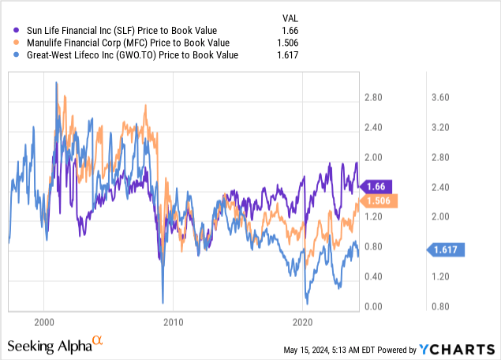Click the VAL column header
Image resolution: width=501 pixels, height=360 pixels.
(291, 17)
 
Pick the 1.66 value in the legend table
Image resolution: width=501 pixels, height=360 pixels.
(291, 30)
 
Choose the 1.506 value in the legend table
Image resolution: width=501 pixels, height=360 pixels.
(289, 43)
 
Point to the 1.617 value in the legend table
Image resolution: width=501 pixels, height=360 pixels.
(289, 55)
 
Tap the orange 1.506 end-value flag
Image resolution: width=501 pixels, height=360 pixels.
(378, 200)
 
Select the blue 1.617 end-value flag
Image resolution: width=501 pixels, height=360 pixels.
(447, 249)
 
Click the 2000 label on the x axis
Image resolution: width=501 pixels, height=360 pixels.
(44, 322)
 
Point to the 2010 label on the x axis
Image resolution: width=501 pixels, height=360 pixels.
(174, 322)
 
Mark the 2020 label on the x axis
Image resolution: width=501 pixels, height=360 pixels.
(304, 322)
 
